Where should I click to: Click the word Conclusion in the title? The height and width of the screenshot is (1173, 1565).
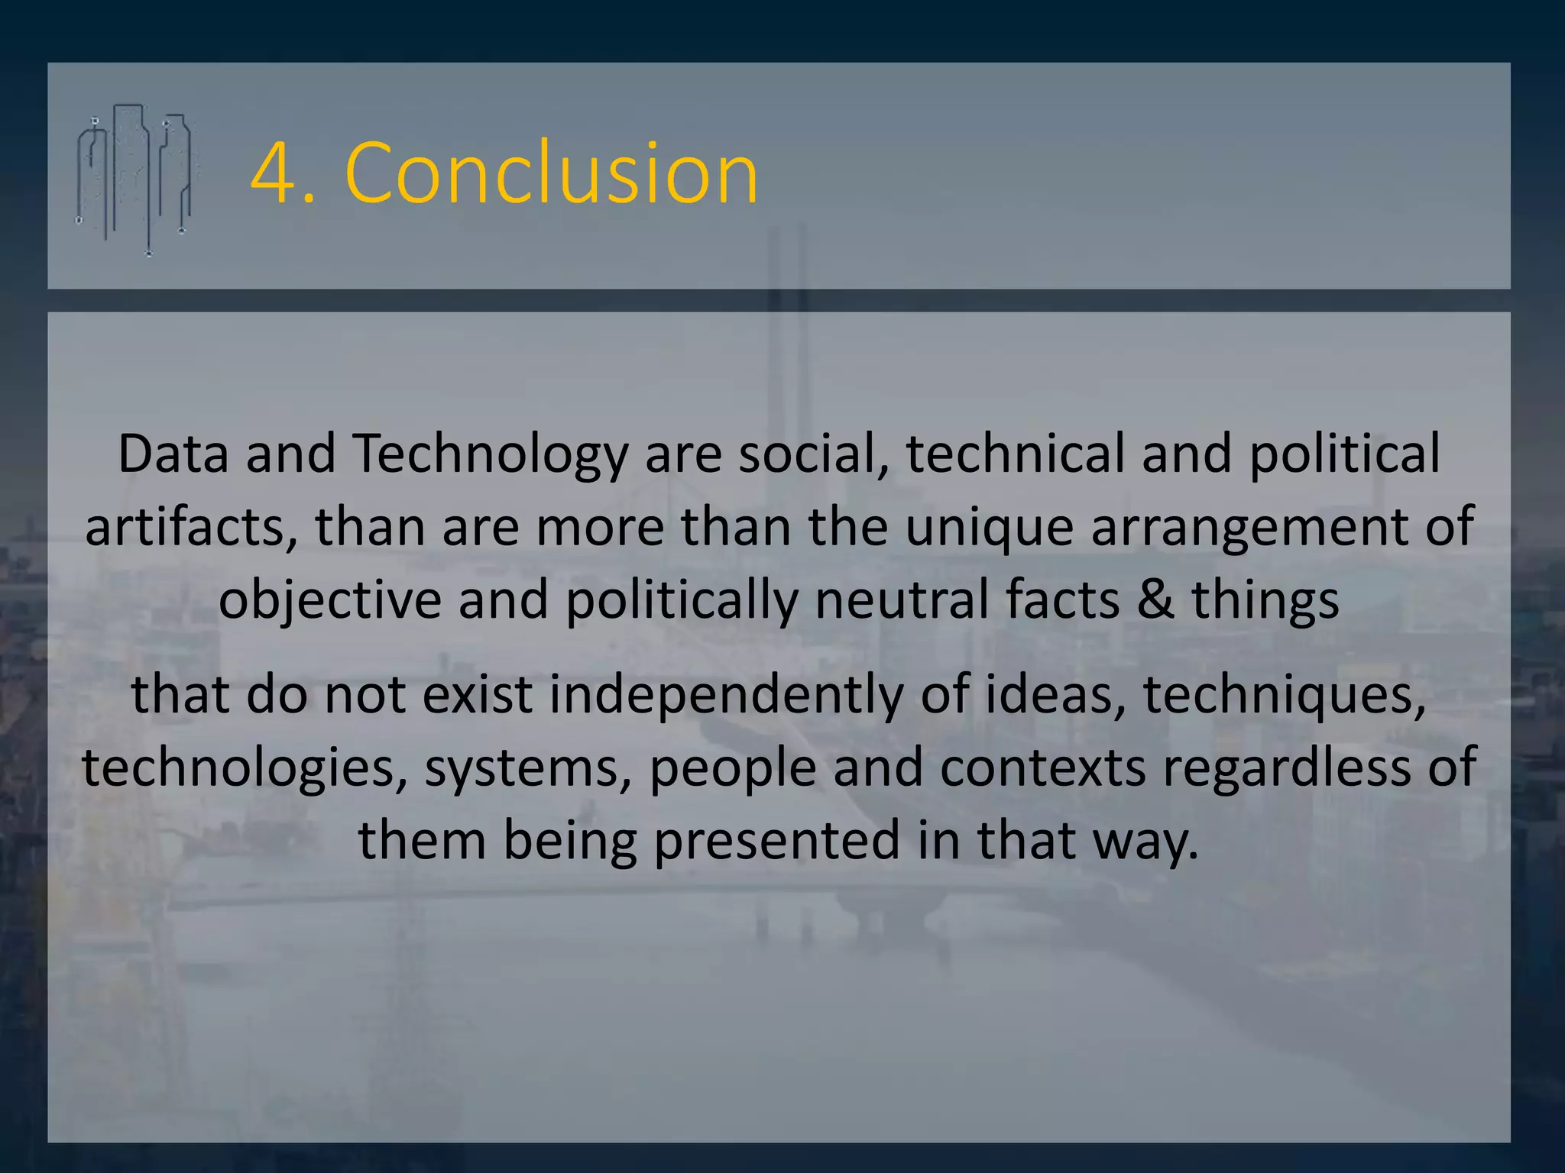click(552, 174)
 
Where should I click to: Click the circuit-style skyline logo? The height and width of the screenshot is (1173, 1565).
click(134, 179)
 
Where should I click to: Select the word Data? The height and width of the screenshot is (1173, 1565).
click(173, 454)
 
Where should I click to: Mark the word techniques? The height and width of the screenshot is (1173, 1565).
click(1285, 695)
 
